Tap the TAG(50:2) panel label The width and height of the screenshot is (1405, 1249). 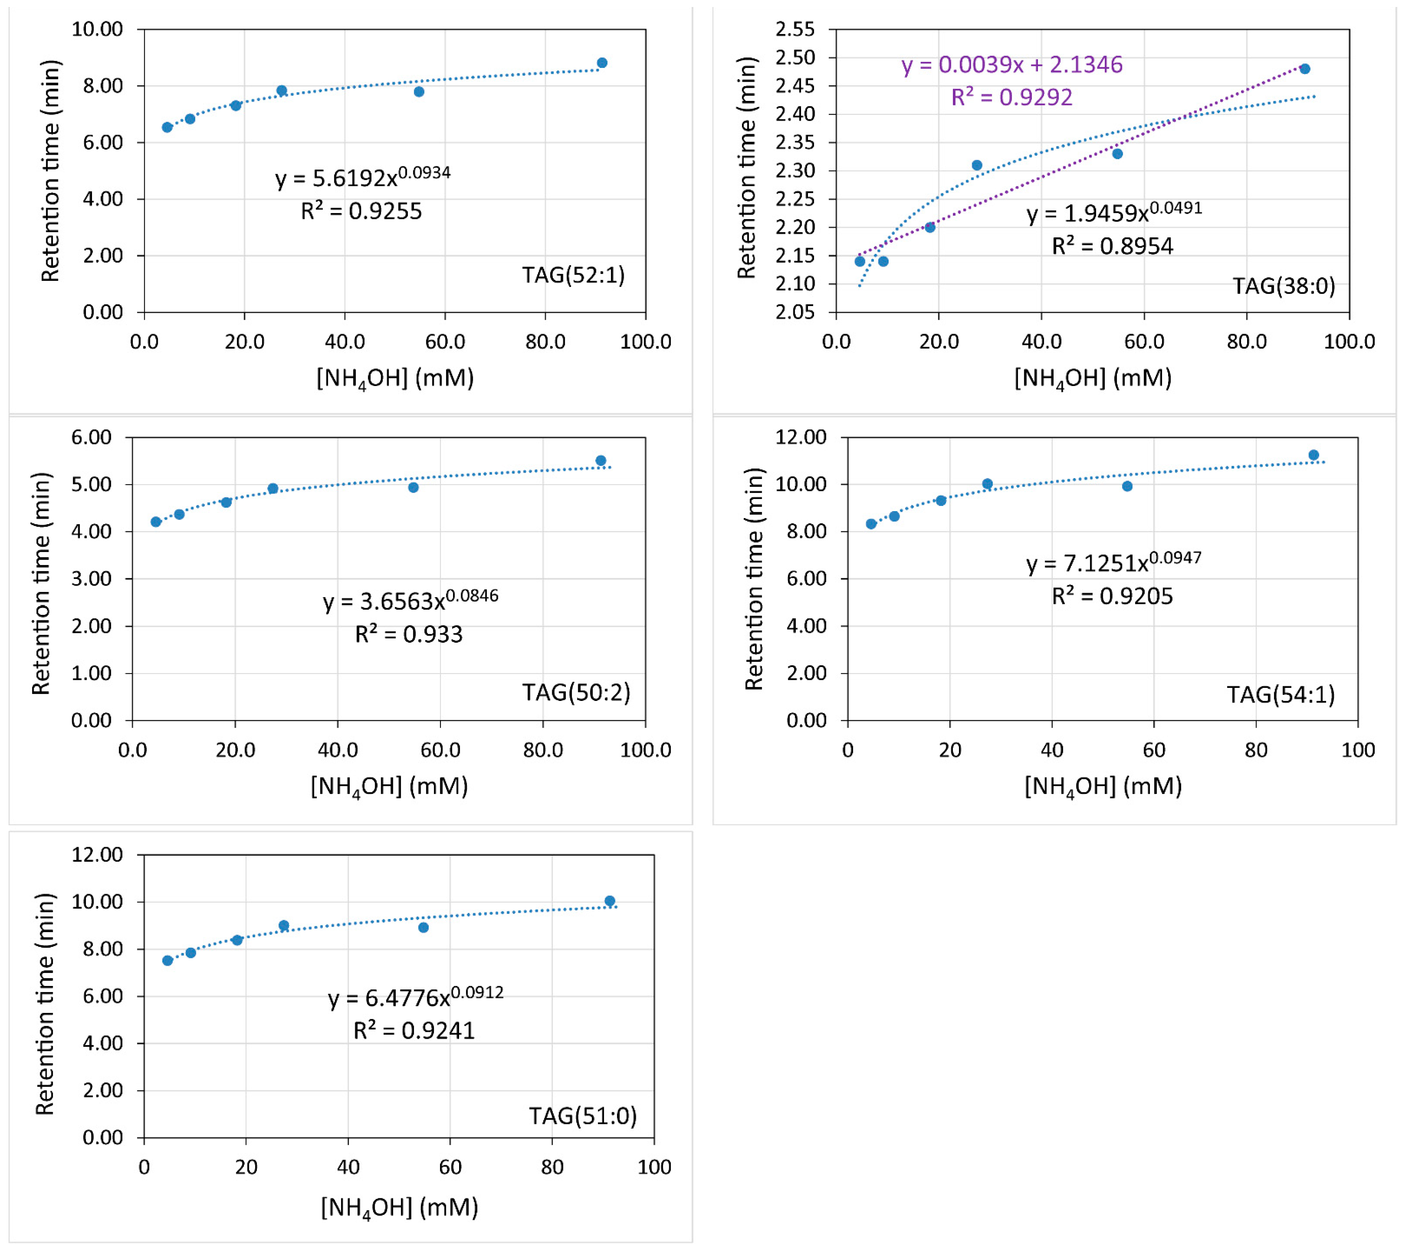(x=575, y=692)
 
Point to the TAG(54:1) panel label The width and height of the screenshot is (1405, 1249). (x=1281, y=694)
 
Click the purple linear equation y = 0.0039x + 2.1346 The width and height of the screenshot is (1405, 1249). (x=1012, y=65)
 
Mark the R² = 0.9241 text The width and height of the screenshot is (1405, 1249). (x=414, y=1031)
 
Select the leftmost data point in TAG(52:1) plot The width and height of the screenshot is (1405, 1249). (x=167, y=127)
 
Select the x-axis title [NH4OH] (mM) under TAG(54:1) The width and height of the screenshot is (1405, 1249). (x=1103, y=786)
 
